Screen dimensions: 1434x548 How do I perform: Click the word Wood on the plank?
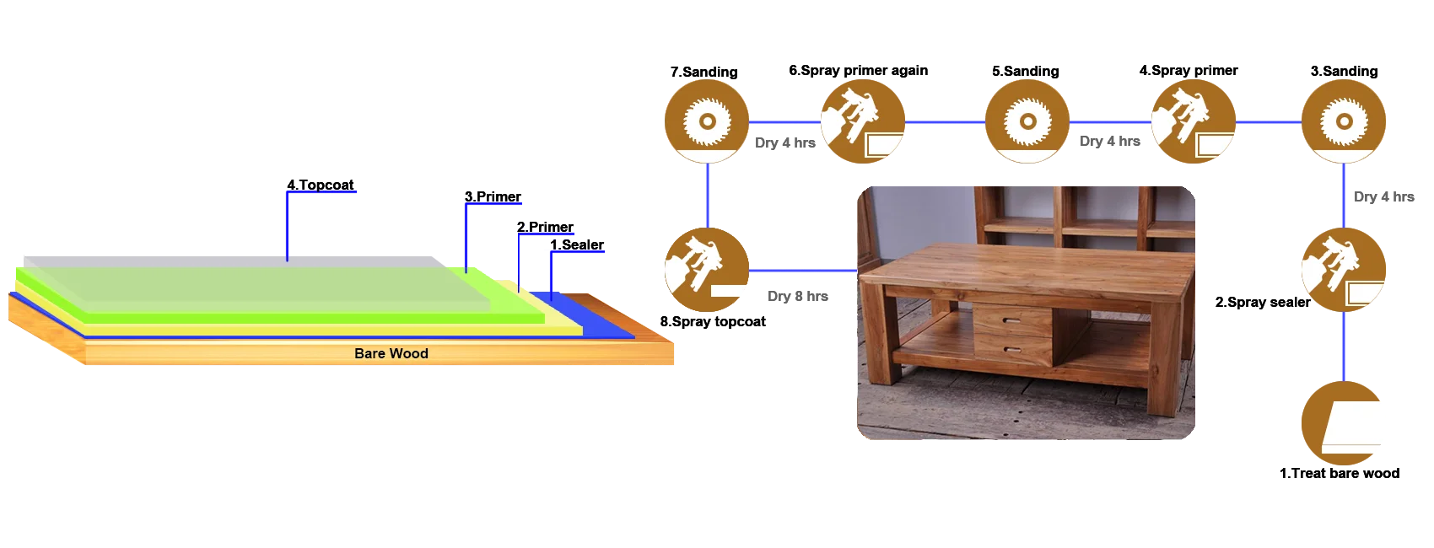pyautogui.click(x=409, y=354)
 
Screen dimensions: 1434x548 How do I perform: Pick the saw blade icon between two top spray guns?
pyautogui.click(x=1027, y=121)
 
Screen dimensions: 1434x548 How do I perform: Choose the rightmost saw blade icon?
pyautogui.click(x=1343, y=121)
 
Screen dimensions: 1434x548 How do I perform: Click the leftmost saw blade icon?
pyautogui.click(x=706, y=121)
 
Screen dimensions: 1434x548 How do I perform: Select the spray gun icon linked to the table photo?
pyautogui.click(x=706, y=269)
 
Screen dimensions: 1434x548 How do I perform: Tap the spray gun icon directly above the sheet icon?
pyautogui.click(x=1343, y=269)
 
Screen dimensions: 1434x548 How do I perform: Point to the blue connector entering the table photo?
pyautogui.click(x=801, y=271)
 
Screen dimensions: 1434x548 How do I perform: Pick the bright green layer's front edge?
pyautogui.click(x=312, y=318)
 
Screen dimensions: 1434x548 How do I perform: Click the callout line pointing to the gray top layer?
pyautogui.click(x=288, y=223)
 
